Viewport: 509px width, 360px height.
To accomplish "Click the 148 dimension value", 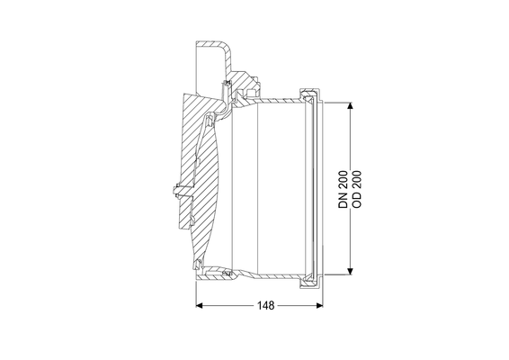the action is [x=266, y=305].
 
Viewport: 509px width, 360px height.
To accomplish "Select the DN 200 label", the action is [x=343, y=189].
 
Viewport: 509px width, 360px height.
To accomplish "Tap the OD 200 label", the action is [x=356, y=189].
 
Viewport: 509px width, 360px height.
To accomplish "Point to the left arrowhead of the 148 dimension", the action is [x=200, y=305].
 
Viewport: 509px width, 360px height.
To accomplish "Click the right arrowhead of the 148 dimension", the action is [x=320, y=305].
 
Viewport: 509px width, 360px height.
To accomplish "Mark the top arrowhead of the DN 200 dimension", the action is [x=350, y=106].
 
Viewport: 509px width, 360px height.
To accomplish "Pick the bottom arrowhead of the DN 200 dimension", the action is [x=350, y=271].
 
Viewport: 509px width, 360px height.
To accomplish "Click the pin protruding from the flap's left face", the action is [x=177, y=191].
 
